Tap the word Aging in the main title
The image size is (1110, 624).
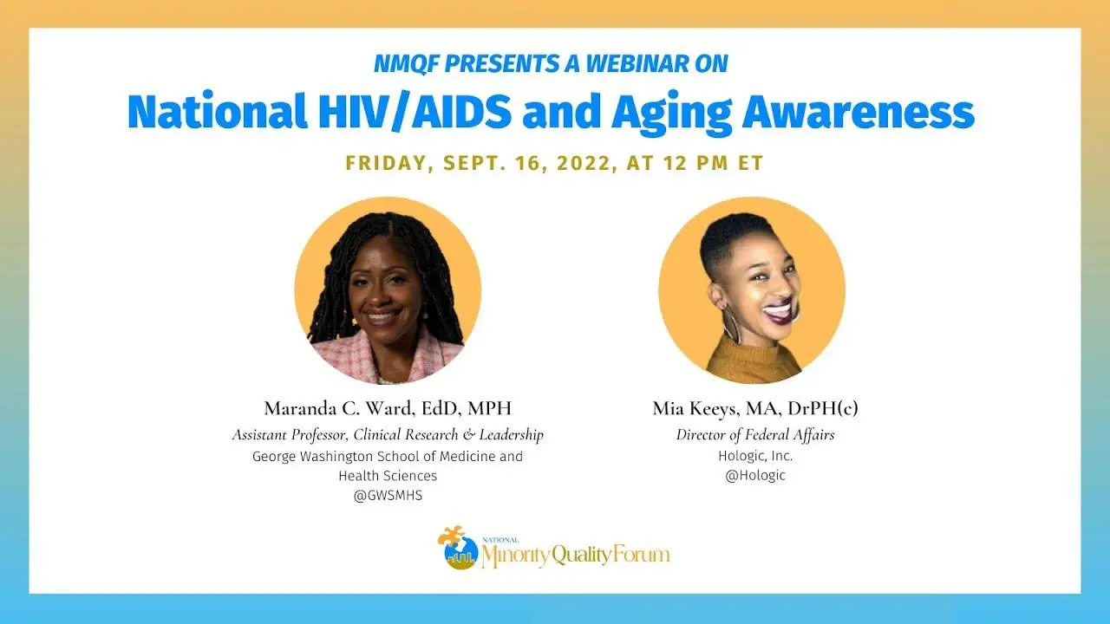coord(672,114)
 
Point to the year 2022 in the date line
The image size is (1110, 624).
coord(584,163)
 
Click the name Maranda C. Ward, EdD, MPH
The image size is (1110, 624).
coord(388,408)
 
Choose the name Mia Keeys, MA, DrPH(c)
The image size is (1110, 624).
coord(755,408)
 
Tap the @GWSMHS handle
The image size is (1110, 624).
coord(388,495)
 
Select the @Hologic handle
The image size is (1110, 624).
coord(755,476)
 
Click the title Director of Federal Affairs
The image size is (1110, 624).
coord(755,435)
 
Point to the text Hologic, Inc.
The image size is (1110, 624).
coord(755,456)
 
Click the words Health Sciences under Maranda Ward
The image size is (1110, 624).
coord(388,476)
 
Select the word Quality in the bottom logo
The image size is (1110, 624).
coord(582,556)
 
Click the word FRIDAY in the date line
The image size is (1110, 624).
coord(386,164)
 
